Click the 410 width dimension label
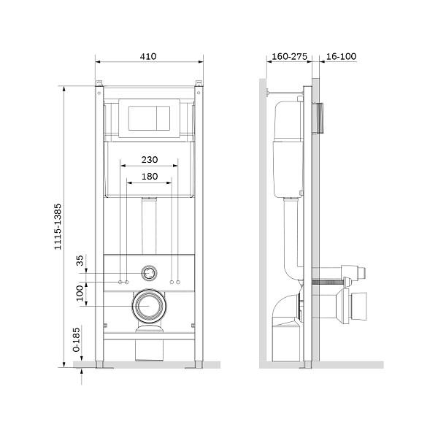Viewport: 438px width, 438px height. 148,56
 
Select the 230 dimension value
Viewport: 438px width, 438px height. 150,160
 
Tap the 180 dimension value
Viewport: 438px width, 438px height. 150,177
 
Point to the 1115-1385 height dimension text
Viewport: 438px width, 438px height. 58,226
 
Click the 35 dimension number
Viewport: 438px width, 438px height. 80,261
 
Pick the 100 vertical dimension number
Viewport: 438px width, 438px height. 80,293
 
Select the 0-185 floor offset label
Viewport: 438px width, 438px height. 76,339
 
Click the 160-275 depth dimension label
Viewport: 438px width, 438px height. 289,56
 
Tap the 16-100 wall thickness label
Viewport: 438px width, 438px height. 341,56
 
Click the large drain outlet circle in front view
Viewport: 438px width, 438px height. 149,306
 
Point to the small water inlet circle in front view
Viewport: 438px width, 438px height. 149,273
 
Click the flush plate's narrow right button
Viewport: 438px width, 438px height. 163,118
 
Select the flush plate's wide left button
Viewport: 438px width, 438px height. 142,118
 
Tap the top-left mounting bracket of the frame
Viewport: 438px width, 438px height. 99,83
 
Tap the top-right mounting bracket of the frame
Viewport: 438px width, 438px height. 199,83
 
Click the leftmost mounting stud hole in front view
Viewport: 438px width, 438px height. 120,282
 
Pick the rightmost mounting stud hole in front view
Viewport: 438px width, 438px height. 178,282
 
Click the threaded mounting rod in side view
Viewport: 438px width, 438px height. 328,282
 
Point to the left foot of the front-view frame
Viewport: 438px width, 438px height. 99,365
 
